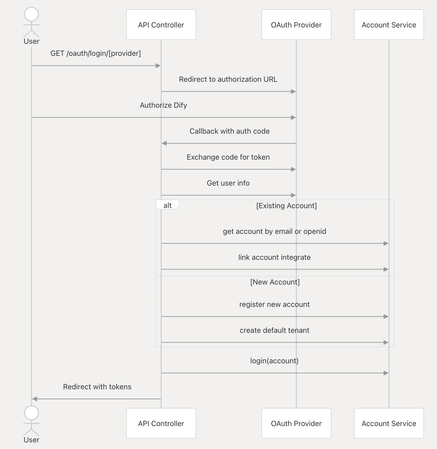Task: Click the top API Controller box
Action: [x=161, y=25]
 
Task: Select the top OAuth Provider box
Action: [x=296, y=25]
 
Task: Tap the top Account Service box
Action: [x=389, y=25]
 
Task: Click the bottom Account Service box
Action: [x=389, y=423]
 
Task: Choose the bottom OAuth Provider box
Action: [x=296, y=423]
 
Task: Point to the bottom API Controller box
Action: [x=161, y=423]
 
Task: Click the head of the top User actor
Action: [x=31, y=14]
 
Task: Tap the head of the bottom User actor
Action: [x=31, y=413]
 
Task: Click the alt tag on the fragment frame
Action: [x=167, y=205]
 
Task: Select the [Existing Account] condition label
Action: [x=287, y=205]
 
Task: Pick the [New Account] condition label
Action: [x=275, y=282]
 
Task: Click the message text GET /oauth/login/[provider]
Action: [x=96, y=53]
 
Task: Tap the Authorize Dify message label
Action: [x=163, y=105]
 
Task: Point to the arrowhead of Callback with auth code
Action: [x=164, y=143]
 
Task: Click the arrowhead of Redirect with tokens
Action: [x=34, y=399]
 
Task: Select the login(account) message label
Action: [x=274, y=361]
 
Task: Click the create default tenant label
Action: [x=274, y=330]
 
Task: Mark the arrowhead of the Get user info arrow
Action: [x=293, y=195]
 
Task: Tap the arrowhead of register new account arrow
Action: [x=386, y=317]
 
